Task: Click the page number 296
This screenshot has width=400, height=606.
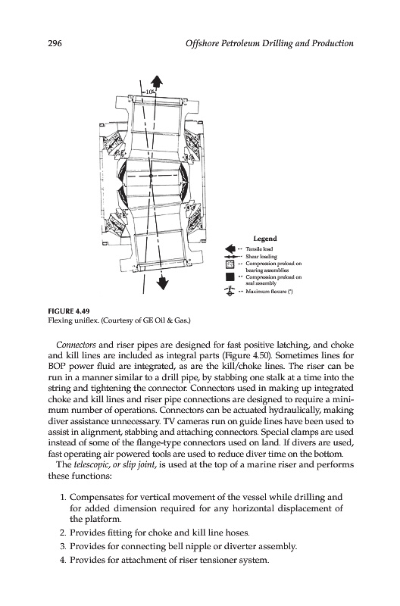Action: click(x=55, y=43)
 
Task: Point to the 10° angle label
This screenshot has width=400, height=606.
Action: click(x=150, y=92)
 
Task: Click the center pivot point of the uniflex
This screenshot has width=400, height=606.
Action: click(x=151, y=176)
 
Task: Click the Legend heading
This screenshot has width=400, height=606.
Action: click(x=264, y=239)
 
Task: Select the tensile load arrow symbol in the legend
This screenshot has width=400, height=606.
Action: click(x=230, y=248)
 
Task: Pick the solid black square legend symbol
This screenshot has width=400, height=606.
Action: click(x=230, y=277)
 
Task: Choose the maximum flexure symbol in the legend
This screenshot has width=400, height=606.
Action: click(x=230, y=291)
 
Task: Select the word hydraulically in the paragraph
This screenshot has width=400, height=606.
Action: click(x=295, y=410)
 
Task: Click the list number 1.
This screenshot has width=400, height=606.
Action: click(x=63, y=498)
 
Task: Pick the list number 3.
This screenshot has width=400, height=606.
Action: click(x=63, y=546)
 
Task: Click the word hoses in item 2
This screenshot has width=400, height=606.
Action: click(x=239, y=533)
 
